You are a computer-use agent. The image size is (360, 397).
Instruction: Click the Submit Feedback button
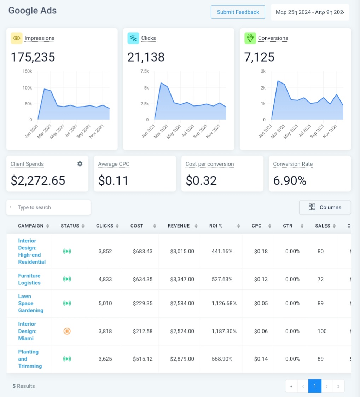pyautogui.click(x=238, y=12)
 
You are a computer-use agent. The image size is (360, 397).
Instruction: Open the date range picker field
pyautogui.click(x=310, y=12)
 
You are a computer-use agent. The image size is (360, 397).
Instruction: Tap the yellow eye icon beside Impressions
pyautogui.click(x=16, y=38)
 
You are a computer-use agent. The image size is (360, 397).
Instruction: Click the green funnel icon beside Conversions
pyautogui.click(x=250, y=38)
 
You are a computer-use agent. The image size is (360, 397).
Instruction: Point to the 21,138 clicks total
pyautogui.click(x=146, y=57)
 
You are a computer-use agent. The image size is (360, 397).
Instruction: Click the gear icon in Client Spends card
pyautogui.click(x=80, y=164)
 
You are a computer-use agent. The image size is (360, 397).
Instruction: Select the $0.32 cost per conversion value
pyautogui.click(x=202, y=180)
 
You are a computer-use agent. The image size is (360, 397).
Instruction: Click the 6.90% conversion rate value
pyautogui.click(x=290, y=180)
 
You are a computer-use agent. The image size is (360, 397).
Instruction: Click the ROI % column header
pyautogui.click(x=216, y=226)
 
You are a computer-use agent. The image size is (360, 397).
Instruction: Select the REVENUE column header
pyautogui.click(x=179, y=226)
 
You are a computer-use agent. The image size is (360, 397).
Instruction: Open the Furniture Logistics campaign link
pyautogui.click(x=29, y=279)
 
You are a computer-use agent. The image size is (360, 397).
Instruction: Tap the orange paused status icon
pyautogui.click(x=67, y=331)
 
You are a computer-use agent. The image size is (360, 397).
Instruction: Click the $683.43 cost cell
pyautogui.click(x=143, y=251)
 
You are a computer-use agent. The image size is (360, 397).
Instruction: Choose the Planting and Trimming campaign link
pyautogui.click(x=30, y=359)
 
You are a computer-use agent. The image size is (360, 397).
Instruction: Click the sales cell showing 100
pyautogui.click(x=322, y=331)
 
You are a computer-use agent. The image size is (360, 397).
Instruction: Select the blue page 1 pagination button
pyautogui.click(x=315, y=386)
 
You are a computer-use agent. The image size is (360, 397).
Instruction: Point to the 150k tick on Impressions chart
pyautogui.click(x=27, y=71)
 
